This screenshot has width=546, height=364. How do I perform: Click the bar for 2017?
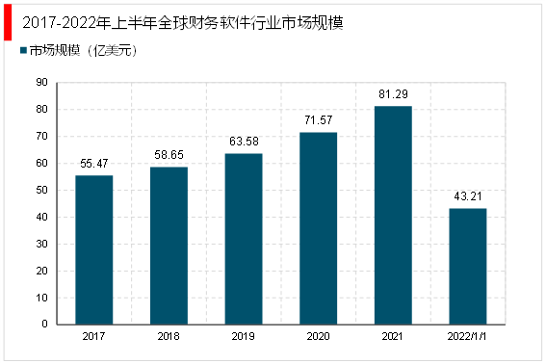click(x=94, y=249)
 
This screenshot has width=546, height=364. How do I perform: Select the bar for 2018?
click(x=169, y=246)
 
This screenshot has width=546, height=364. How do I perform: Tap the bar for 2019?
click(x=244, y=239)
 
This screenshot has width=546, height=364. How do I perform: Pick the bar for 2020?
click(x=318, y=228)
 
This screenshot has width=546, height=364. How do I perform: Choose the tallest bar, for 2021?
click(x=393, y=215)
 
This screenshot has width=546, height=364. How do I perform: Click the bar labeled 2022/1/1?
click(x=467, y=266)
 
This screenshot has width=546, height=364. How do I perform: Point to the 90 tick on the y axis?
click(x=42, y=83)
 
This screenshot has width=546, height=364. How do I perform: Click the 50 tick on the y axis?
click(x=42, y=190)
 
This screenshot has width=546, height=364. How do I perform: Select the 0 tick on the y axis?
click(x=45, y=325)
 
